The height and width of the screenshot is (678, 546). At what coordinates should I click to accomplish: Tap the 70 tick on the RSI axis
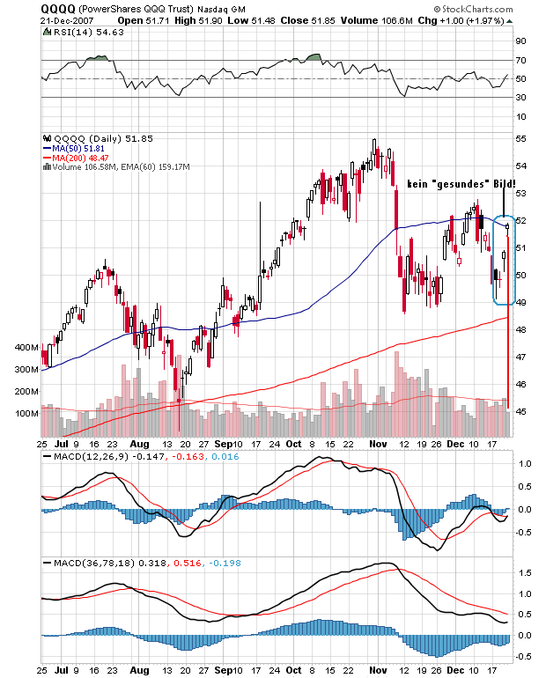click(x=521, y=60)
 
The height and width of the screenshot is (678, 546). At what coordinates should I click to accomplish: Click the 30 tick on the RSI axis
click(x=521, y=97)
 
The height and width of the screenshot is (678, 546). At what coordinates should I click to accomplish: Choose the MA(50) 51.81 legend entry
click(x=79, y=149)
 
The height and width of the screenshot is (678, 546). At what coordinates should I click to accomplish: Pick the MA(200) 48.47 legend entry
click(x=82, y=158)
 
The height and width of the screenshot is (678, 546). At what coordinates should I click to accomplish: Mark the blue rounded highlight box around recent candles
click(x=504, y=260)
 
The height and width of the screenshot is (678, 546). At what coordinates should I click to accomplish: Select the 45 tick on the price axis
click(x=521, y=411)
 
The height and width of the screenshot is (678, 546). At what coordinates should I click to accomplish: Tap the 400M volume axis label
click(x=25, y=349)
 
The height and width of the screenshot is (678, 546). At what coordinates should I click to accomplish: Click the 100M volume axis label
click(x=25, y=414)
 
